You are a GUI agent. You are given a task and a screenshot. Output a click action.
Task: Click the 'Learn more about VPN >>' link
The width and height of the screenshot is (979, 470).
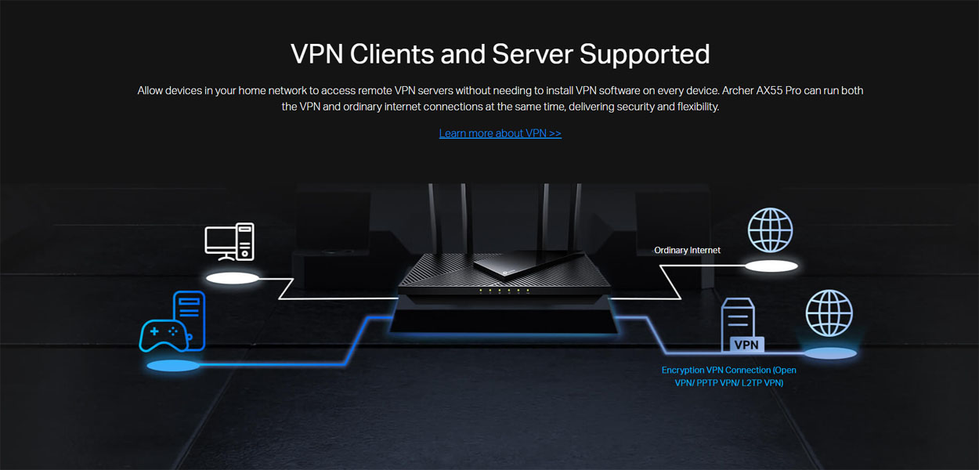[500, 133]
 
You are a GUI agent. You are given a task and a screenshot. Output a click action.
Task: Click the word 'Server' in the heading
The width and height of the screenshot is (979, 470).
[533, 54]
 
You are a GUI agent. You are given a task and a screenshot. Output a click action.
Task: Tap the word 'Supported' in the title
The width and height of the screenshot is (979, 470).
[645, 55]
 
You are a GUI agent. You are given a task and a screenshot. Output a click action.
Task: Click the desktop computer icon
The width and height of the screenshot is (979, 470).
[229, 242]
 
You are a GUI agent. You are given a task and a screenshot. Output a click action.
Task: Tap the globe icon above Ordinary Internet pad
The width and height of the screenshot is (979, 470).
[770, 230]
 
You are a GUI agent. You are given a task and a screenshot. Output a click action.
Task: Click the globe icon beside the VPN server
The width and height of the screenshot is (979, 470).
[829, 313]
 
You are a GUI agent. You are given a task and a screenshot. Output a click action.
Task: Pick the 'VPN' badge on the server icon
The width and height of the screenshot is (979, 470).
[746, 345]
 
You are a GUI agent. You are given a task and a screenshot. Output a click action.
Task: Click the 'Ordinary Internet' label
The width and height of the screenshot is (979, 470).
[687, 250]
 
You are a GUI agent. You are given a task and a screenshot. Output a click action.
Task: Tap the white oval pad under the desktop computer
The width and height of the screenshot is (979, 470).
[233, 278]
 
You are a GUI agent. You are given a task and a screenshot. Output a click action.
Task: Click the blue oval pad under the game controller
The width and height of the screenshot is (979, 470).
[174, 366]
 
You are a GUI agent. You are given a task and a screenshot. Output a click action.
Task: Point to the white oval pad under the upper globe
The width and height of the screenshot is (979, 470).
[771, 266]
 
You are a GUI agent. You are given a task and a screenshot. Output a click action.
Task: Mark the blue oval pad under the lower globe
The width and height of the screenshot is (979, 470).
[830, 353]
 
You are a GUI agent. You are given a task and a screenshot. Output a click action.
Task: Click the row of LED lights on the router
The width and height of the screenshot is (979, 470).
[504, 291]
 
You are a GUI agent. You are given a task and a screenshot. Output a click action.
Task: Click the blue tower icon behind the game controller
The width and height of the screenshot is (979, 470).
[190, 320]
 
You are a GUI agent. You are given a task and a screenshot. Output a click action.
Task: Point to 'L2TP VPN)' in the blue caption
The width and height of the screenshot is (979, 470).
[762, 383]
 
